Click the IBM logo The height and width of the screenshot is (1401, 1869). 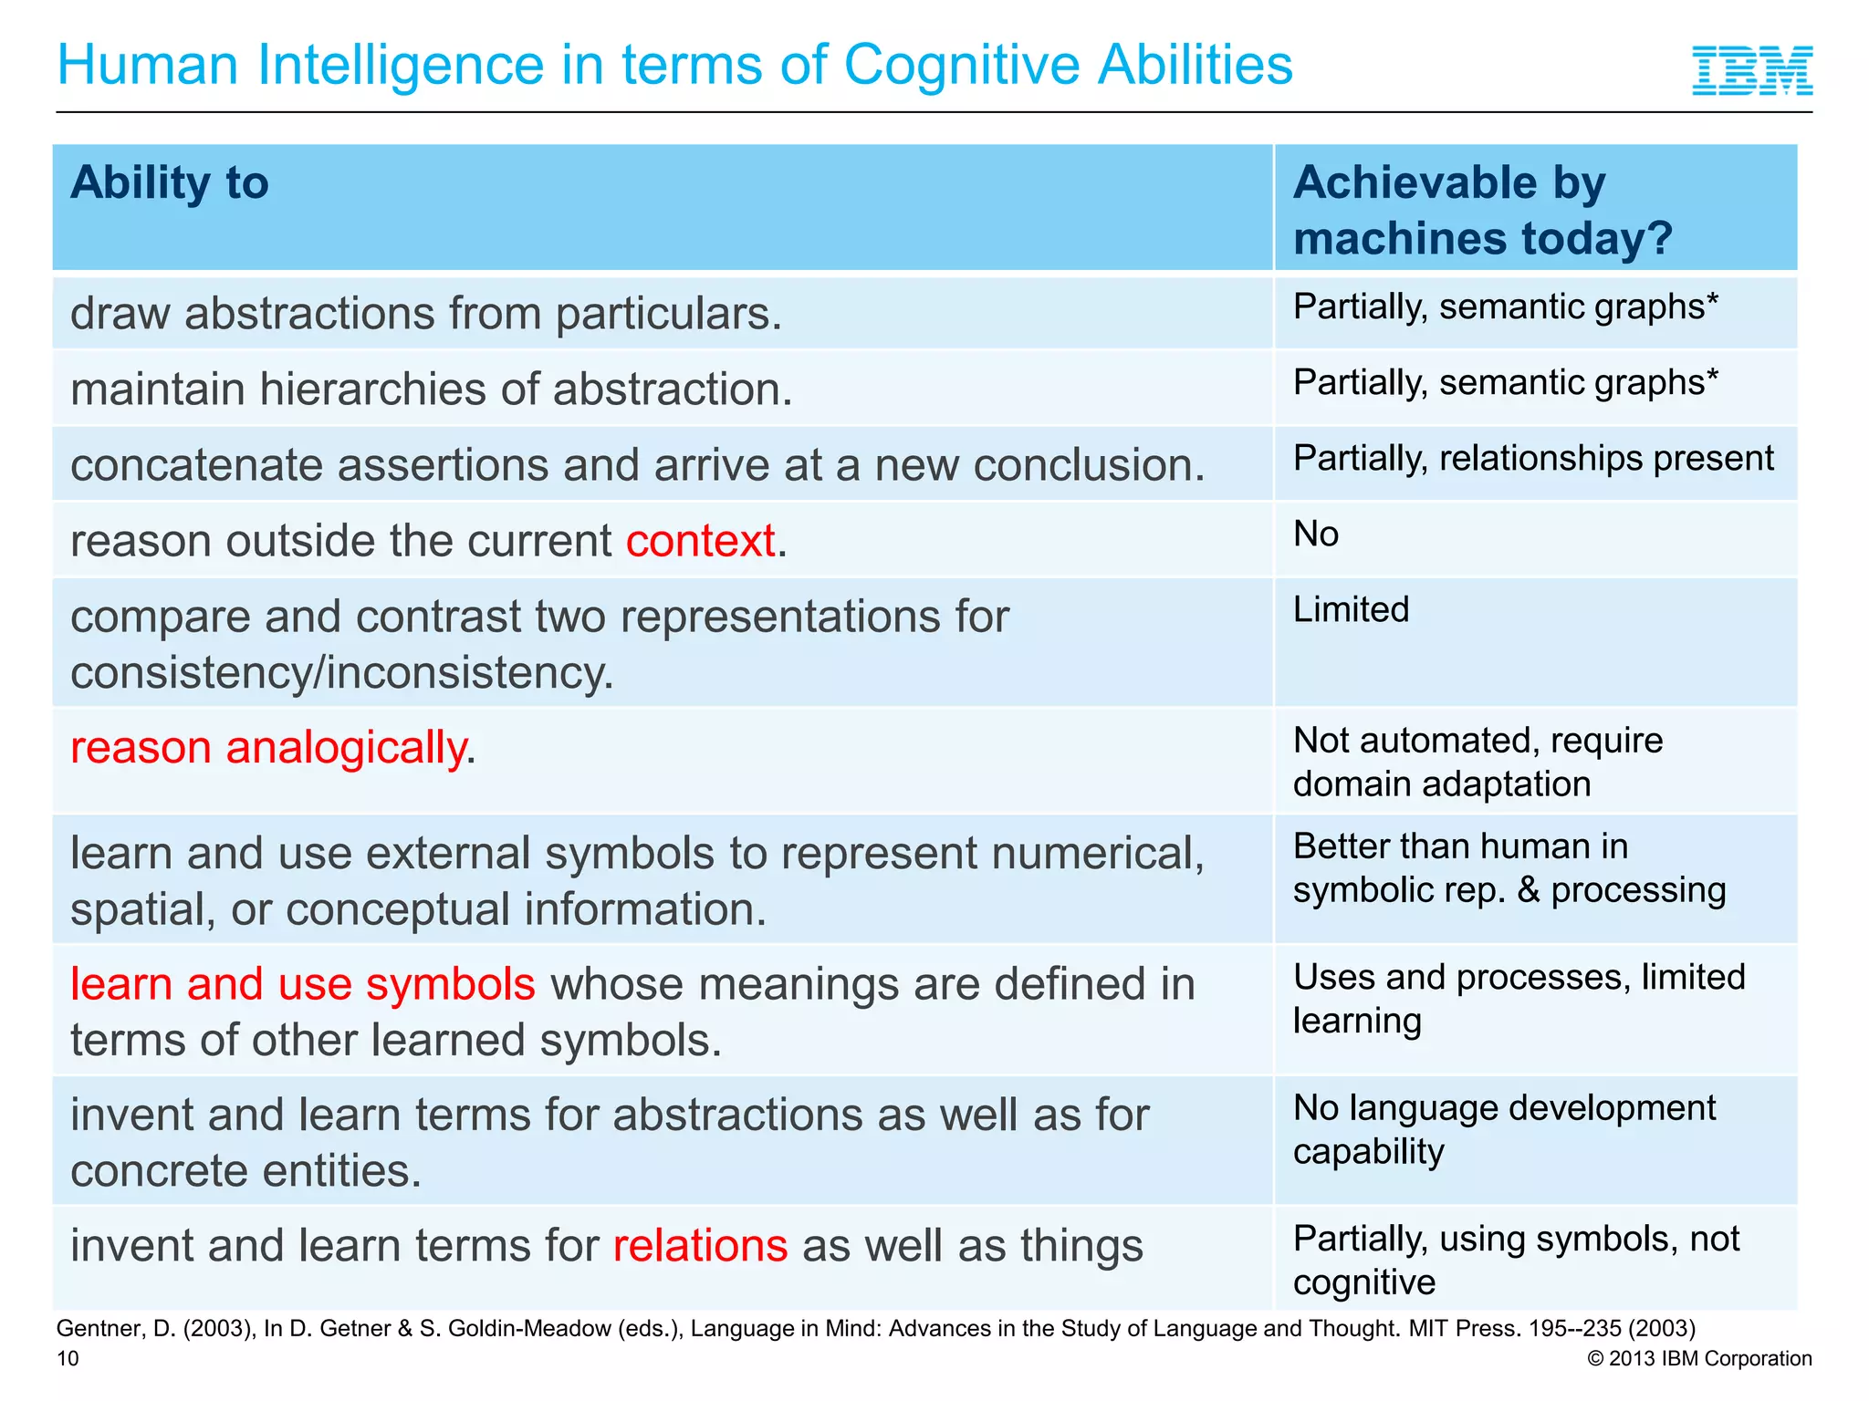tap(1751, 70)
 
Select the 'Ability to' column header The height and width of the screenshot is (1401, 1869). tap(170, 182)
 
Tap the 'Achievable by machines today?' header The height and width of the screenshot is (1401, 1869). tap(1482, 210)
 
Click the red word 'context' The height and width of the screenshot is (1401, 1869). tap(700, 541)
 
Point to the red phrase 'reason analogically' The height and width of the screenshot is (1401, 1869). tap(268, 748)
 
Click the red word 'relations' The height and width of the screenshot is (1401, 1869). tap(700, 1246)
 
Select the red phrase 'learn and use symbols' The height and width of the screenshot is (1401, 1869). tap(302, 984)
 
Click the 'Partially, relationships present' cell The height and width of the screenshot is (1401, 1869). tap(1533, 459)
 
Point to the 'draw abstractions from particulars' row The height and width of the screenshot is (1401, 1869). tap(426, 314)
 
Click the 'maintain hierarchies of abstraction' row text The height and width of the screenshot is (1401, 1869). tap(431, 389)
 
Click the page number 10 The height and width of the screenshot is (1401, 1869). tap(68, 1359)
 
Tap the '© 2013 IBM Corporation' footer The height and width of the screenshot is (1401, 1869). tap(1699, 1359)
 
